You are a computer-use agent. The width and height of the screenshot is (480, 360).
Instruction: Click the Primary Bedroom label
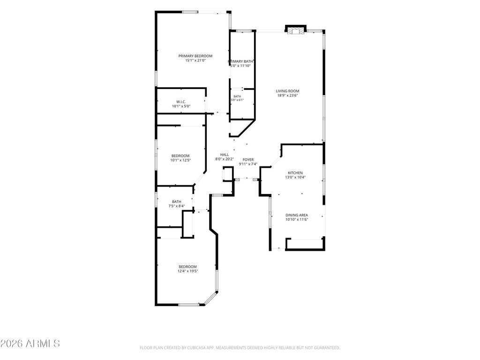point(195,56)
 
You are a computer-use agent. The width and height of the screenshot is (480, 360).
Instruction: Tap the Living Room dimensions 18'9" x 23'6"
point(287,95)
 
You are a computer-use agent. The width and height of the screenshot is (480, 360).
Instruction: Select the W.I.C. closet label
point(181,102)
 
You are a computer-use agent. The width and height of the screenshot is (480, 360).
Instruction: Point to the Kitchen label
point(295,173)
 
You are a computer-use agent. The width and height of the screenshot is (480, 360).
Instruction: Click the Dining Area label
point(297,215)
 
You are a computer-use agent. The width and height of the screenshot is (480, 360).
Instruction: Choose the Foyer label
point(248,160)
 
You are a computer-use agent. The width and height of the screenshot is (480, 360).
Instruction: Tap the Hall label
point(225,155)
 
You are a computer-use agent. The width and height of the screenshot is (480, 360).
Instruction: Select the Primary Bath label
point(240,61)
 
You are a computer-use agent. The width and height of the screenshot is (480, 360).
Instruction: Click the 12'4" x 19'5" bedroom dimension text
point(187,271)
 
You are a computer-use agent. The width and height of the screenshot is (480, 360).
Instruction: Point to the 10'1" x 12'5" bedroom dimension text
point(180,160)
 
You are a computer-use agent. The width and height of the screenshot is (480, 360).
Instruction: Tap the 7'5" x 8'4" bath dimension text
point(177,206)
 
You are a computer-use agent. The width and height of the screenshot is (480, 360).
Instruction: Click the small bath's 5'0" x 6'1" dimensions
point(237,100)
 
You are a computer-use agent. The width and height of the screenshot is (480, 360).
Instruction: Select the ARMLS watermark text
point(30,344)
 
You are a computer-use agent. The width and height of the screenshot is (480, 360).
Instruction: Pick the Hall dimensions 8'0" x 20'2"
point(225,159)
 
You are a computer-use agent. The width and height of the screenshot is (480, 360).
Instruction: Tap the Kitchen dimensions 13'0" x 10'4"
point(295,177)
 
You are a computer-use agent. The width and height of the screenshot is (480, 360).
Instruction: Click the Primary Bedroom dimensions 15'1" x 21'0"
point(195,60)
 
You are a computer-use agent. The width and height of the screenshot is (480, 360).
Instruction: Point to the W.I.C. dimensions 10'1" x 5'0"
point(181,106)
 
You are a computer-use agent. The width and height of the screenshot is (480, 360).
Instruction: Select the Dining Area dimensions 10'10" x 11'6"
point(297,219)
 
